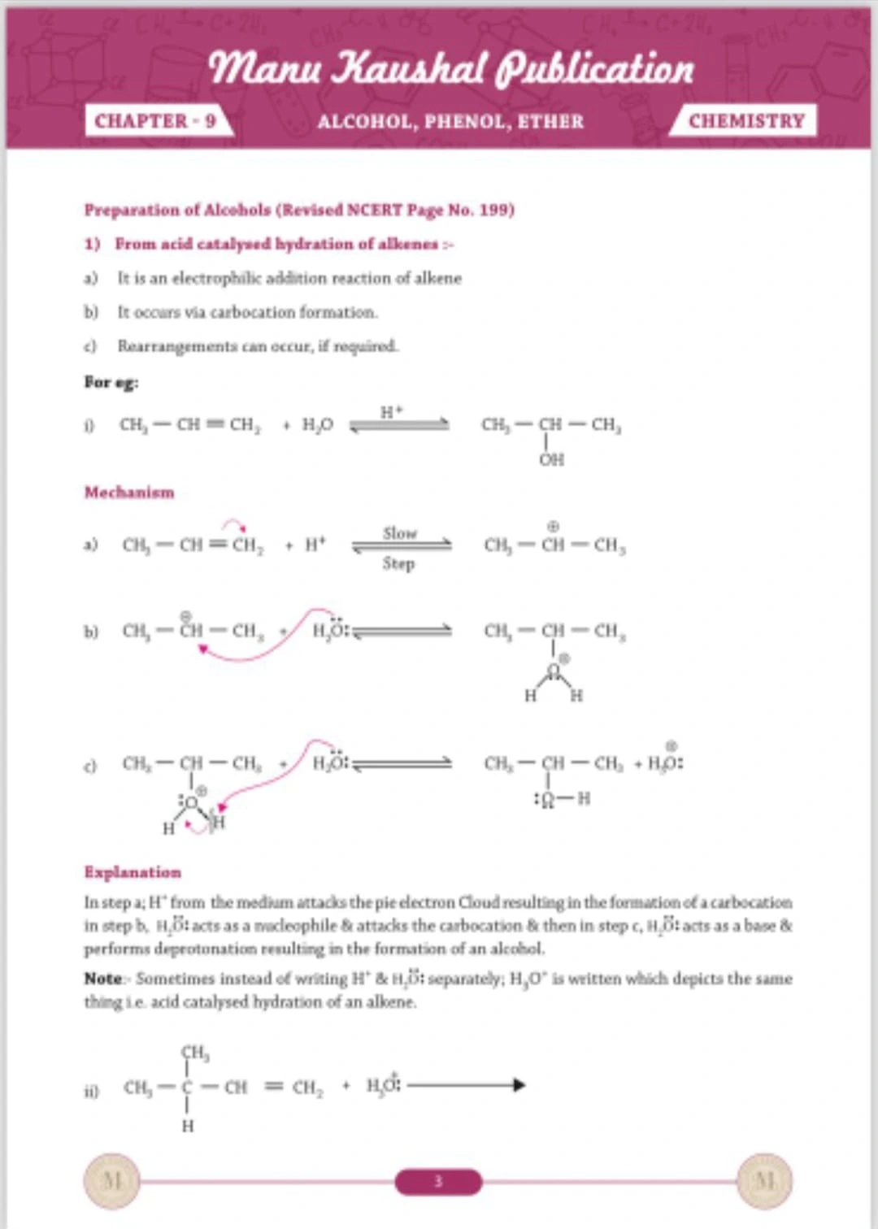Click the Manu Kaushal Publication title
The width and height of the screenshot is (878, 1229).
(452, 68)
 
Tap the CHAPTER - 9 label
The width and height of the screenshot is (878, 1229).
(155, 121)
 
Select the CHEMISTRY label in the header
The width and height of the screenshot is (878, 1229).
(745, 121)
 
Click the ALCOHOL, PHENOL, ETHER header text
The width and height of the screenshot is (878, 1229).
(450, 122)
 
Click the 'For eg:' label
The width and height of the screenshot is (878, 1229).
(111, 382)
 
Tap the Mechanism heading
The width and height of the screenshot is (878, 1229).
(129, 492)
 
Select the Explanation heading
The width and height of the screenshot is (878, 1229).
(133, 872)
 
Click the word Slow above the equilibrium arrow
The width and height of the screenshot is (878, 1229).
(399, 533)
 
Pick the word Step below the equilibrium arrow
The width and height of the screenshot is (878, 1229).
(398, 563)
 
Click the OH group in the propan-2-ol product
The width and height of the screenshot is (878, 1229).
(551, 460)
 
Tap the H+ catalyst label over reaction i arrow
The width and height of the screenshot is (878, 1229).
(391, 412)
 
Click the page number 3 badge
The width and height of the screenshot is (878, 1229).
(438, 1181)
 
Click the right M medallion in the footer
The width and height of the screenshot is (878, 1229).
(764, 1180)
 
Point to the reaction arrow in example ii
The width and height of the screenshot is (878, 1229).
(466, 1085)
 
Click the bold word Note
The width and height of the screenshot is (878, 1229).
(102, 979)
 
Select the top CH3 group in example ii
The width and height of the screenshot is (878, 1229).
(194, 1054)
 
